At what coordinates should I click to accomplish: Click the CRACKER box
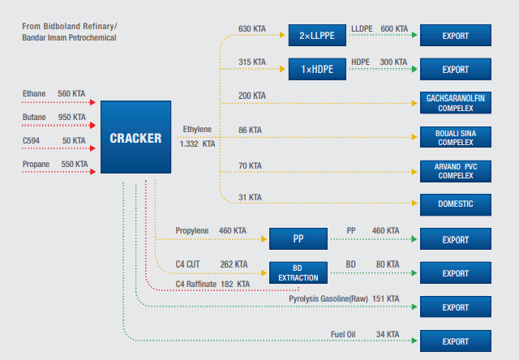point(135,137)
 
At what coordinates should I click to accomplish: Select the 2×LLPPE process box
point(317,35)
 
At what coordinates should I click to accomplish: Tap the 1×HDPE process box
point(317,69)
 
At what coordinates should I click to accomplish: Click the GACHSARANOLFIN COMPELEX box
point(456,103)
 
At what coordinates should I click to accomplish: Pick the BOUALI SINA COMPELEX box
point(456,137)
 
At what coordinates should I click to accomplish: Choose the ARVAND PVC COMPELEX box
point(456,171)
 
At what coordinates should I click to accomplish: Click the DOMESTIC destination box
point(456,204)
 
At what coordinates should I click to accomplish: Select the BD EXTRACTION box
point(298,272)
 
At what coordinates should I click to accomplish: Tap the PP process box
point(298,238)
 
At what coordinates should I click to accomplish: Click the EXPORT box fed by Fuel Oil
point(456,341)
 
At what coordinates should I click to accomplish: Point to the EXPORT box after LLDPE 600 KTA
point(456,35)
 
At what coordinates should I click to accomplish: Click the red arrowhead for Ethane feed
point(92,102)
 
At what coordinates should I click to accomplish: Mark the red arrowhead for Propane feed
point(92,172)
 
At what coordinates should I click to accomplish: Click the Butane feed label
point(34,117)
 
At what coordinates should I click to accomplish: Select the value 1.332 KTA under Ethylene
point(197,144)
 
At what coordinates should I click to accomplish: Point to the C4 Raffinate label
point(196,285)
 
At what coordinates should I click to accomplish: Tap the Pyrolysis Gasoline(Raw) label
point(328,299)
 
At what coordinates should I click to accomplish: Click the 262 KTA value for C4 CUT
point(234,264)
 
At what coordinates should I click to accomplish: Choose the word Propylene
point(192,230)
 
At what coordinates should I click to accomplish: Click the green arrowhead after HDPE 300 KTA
point(414,69)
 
